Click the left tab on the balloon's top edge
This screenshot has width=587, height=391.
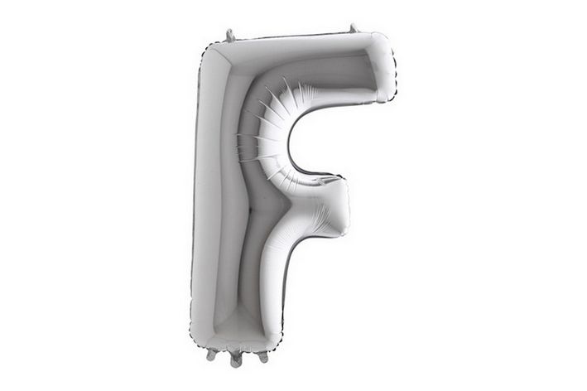(230, 35)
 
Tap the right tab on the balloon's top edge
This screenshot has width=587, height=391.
(353, 28)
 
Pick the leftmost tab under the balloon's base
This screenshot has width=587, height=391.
(212, 355)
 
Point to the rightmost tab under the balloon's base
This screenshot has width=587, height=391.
(262, 356)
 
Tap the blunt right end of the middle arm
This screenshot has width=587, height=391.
(346, 207)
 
